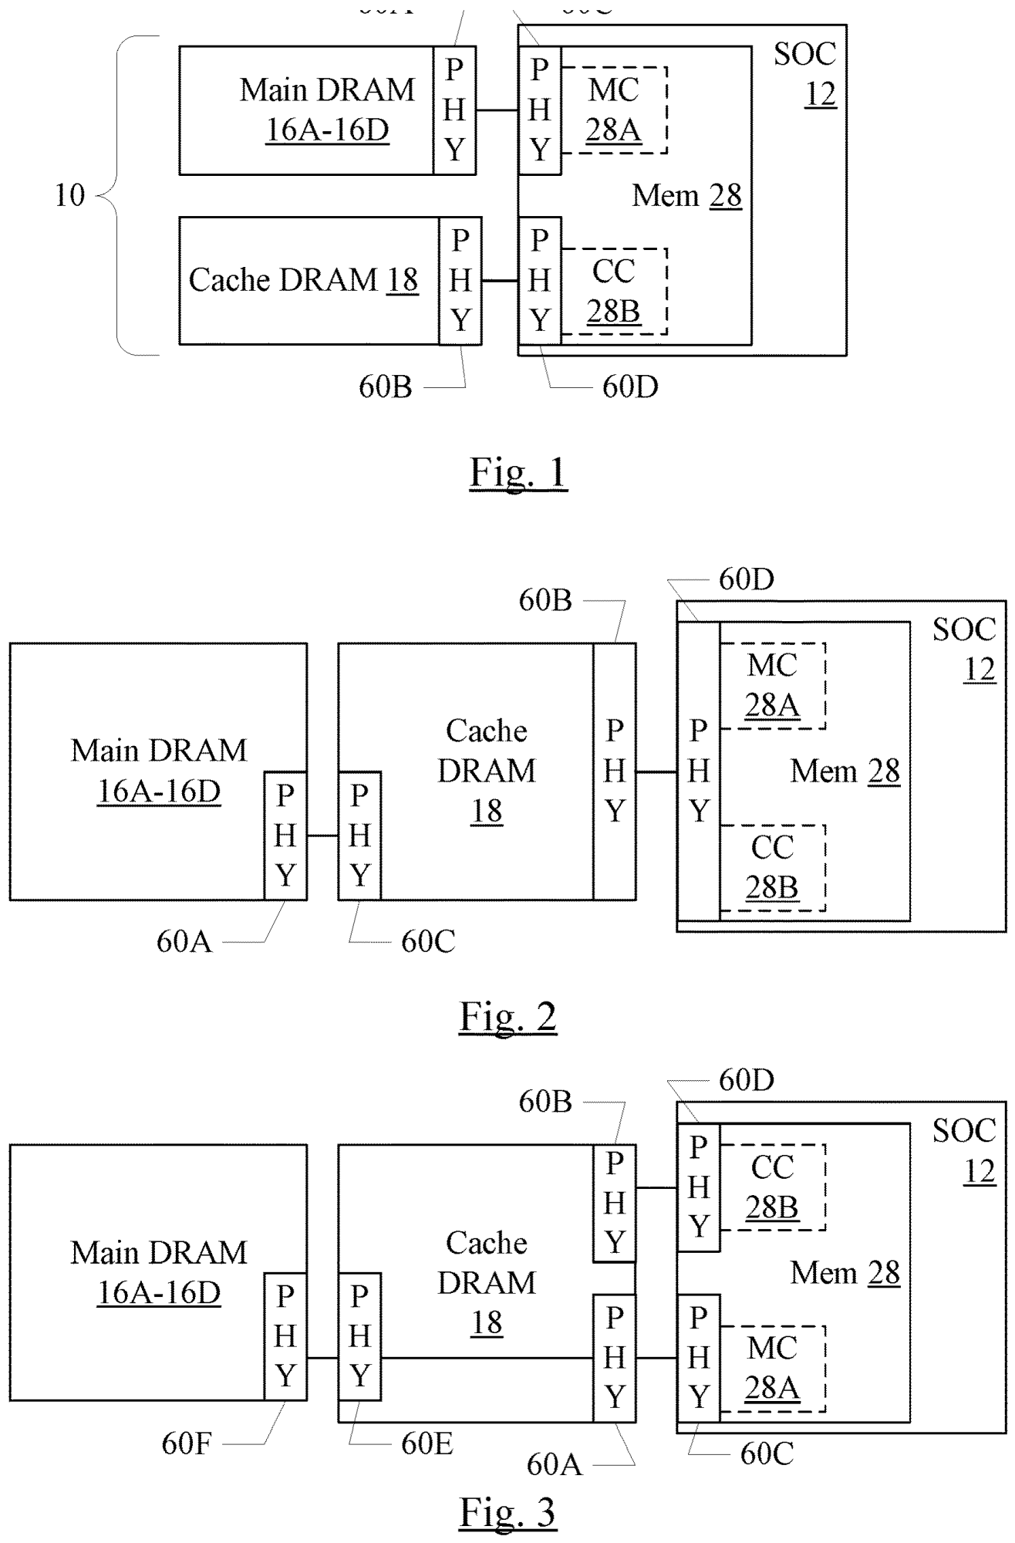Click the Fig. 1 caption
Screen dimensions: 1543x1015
click(x=518, y=472)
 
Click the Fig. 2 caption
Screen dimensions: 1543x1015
click(x=508, y=1016)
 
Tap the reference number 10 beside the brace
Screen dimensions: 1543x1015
click(x=69, y=195)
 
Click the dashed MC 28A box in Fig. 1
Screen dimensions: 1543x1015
click(x=614, y=110)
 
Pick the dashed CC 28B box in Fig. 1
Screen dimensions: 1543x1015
click(x=614, y=291)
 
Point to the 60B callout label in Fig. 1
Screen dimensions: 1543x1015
click(x=386, y=387)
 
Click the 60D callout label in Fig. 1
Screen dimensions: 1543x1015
click(x=630, y=387)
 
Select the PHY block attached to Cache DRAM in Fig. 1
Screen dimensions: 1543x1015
click(x=460, y=281)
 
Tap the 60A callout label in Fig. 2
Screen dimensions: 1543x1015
click(x=184, y=941)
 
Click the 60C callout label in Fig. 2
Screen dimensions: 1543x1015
click(x=428, y=941)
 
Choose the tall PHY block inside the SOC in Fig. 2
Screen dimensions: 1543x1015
click(x=699, y=771)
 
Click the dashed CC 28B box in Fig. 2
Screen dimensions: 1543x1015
click(x=772, y=868)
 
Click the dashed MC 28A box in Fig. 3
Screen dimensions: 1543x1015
click(x=772, y=1369)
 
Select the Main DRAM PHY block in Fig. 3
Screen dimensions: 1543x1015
click(x=285, y=1336)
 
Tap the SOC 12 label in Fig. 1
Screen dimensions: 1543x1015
click(x=805, y=74)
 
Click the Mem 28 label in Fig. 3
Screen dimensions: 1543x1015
click(x=845, y=1273)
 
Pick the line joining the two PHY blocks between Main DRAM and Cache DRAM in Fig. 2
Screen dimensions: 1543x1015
click(x=322, y=836)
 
